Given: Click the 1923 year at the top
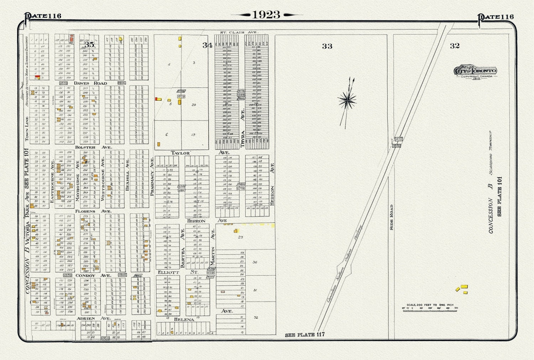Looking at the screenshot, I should click(x=266, y=15).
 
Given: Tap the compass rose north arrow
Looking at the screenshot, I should click(x=347, y=101).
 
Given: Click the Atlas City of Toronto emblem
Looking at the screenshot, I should click(x=475, y=71).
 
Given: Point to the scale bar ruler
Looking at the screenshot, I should click(x=430, y=309).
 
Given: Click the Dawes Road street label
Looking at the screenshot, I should click(x=90, y=83).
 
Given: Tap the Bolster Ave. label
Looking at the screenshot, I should click(x=93, y=147).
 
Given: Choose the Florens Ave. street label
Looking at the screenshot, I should click(x=93, y=211).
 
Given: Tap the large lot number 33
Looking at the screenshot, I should click(x=327, y=46).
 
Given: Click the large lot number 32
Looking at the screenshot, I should click(x=455, y=46).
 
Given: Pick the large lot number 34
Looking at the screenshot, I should click(x=208, y=45).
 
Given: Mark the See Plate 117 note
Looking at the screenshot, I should click(x=305, y=335).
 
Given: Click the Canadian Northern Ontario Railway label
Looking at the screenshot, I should click(x=345, y=264).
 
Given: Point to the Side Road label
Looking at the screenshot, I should click(x=391, y=217).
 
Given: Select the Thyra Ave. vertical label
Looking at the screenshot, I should click(x=243, y=128).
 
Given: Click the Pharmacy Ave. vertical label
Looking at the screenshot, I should click(x=152, y=176).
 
